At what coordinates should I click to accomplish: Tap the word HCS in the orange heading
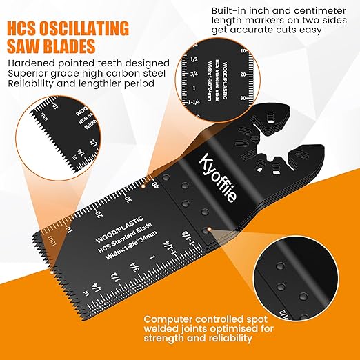coord(28,30)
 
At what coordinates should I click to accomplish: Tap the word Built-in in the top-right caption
coord(228,12)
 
